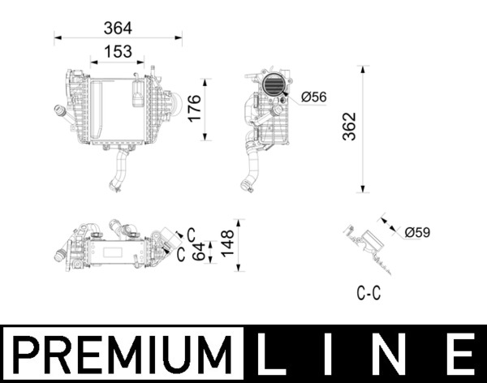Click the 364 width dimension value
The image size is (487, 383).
point(118,28)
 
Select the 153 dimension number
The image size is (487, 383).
point(118,52)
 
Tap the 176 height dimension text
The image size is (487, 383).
point(194,109)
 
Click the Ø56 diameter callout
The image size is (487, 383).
point(313,97)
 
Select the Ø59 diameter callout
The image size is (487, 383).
point(417,233)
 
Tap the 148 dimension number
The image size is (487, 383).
point(227,240)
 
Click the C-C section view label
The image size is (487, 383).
point(368,294)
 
